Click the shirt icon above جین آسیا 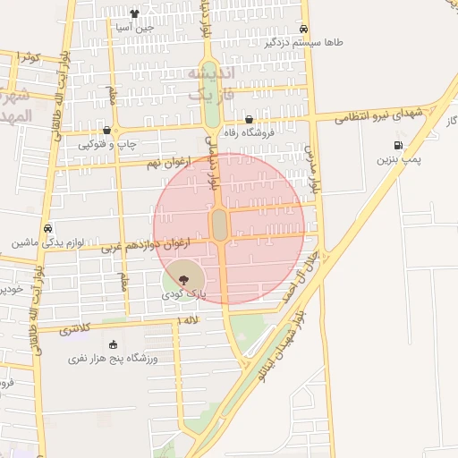tap(134, 13)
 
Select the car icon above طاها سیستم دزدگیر tap(304, 28)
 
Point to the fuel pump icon tap(397, 145)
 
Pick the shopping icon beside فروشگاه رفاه tap(249, 119)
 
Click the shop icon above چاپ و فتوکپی tap(107, 130)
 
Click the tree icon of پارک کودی tap(184, 279)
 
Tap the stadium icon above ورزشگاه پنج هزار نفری tap(113, 344)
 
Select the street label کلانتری tap(75, 329)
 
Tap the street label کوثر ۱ tap(30, 57)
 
